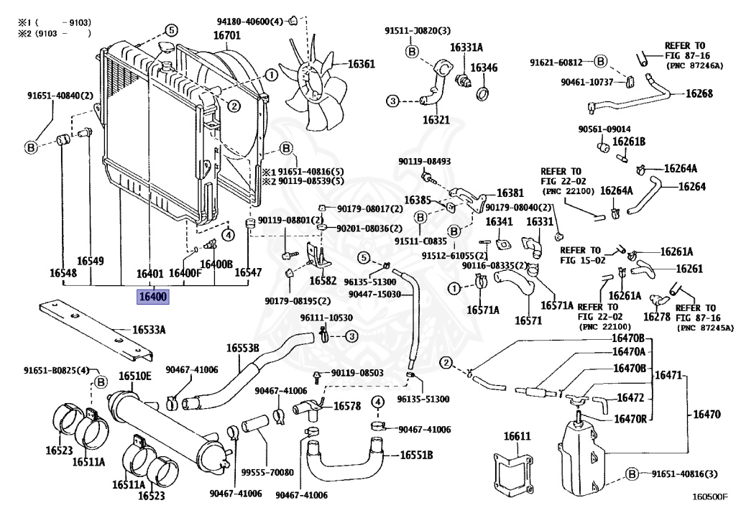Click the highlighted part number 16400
coord(153,296)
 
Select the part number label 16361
coord(362,64)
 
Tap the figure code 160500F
coord(709,496)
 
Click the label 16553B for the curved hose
coord(243,348)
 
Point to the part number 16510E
coord(135,377)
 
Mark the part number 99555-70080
coord(270,473)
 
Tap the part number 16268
coord(699,93)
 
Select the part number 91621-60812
coord(556,62)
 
